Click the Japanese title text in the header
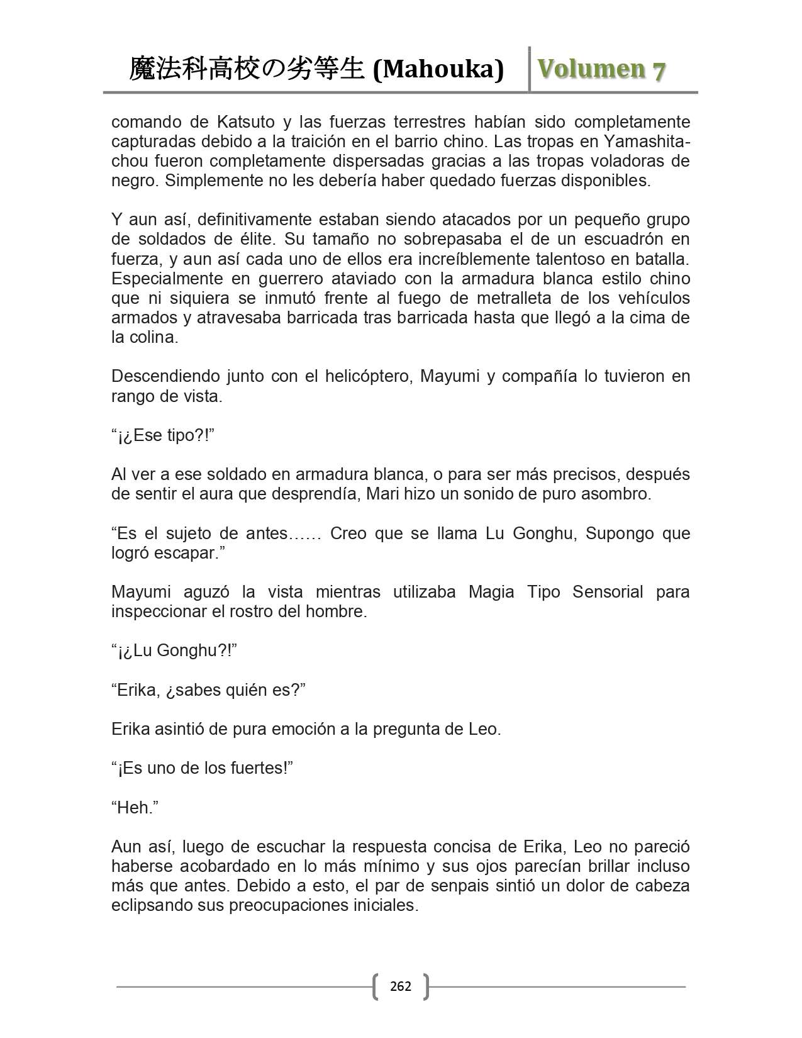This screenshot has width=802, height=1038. coord(247,69)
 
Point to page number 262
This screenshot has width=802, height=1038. coord(401,986)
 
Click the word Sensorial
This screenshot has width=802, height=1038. coord(608,592)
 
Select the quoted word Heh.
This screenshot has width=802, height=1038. coord(135,808)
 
